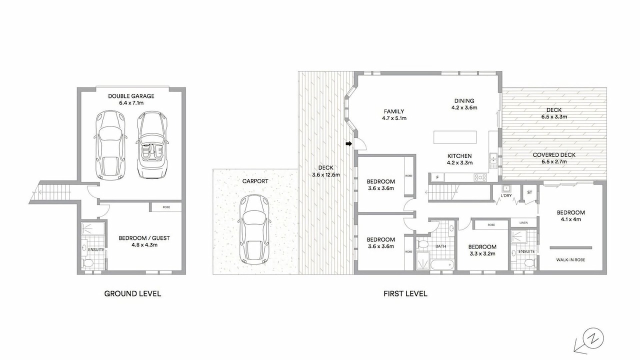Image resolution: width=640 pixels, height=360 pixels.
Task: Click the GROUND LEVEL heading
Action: tap(132, 293)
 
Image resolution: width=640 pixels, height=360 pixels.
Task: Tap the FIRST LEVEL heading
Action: tap(405, 293)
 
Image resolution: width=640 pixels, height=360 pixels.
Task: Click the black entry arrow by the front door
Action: tap(348, 143)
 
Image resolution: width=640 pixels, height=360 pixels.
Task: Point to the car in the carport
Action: tap(254, 229)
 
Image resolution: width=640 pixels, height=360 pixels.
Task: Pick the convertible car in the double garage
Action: tap(151, 145)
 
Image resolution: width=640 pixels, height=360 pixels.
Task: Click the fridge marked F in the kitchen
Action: tap(437, 177)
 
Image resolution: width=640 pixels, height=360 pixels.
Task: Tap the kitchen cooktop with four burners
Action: tap(480, 177)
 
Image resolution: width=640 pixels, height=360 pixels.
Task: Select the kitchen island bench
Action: tap(455, 137)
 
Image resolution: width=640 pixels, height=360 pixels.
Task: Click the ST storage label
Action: tap(529, 192)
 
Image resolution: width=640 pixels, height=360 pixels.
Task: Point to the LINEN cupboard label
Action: tap(523, 222)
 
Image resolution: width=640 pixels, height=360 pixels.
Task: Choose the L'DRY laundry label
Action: tap(506, 195)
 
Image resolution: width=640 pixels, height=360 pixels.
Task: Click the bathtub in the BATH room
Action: tap(442, 265)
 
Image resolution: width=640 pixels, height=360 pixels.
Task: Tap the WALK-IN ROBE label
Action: tap(570, 259)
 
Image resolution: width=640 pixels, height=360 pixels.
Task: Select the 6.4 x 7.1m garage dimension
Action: tap(131, 103)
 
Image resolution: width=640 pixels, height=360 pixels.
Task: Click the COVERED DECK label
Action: tap(554, 155)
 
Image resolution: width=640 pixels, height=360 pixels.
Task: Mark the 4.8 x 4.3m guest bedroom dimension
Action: tap(144, 245)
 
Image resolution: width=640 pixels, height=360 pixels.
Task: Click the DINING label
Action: tap(464, 101)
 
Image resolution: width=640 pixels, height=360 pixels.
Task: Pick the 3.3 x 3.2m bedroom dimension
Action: tap(482, 253)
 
